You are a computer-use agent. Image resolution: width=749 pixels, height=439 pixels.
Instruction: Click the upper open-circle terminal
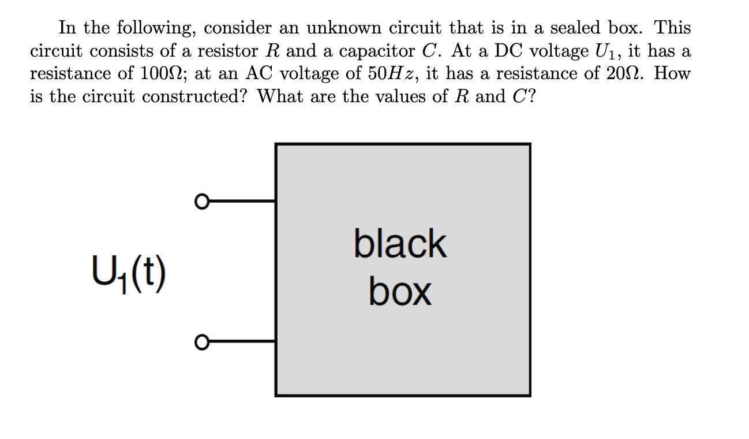pyautogui.click(x=200, y=202)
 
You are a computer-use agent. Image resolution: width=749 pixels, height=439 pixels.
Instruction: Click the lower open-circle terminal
pyautogui.click(x=200, y=342)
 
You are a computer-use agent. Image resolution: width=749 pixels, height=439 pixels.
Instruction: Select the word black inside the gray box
pyautogui.click(x=400, y=244)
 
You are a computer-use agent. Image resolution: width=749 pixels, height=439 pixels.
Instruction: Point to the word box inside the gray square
pyautogui.click(x=400, y=292)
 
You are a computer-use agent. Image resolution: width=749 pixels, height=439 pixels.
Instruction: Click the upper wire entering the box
pyautogui.click(x=240, y=202)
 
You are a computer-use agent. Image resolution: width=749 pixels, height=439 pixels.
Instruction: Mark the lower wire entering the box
pyautogui.click(x=240, y=342)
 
